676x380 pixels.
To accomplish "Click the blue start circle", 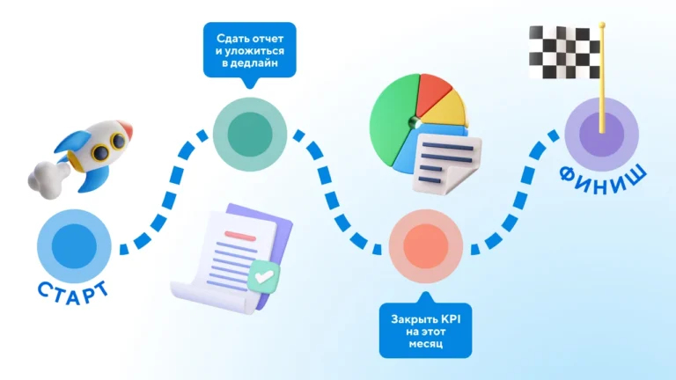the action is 74,246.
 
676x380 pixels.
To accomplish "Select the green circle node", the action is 250,134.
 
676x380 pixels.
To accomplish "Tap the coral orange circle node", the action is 426,246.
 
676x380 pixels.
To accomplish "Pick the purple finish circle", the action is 602,134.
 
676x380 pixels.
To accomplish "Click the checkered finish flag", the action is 564,53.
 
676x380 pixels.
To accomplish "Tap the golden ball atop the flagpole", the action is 602,26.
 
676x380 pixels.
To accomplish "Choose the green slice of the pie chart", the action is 393,121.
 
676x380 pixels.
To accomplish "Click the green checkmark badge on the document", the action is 264,276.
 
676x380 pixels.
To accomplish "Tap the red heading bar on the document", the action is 240,236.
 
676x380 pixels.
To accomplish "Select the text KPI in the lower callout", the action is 451,319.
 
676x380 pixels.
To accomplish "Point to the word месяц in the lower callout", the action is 425,344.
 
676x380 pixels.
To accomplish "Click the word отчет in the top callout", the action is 268,39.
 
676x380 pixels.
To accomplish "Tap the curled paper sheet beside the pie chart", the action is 445,164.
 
